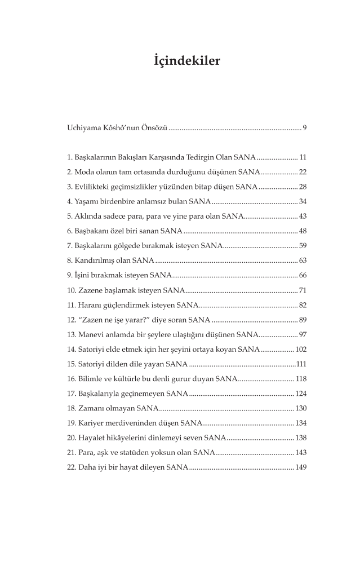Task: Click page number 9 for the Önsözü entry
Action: point(304,129)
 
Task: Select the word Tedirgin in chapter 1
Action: point(212,157)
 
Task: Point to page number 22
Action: point(302,171)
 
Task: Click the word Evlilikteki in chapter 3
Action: point(92,186)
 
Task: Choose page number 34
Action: point(302,201)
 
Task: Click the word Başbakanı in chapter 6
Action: point(92,231)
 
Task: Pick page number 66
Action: point(302,275)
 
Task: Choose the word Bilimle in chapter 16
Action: point(91,379)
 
